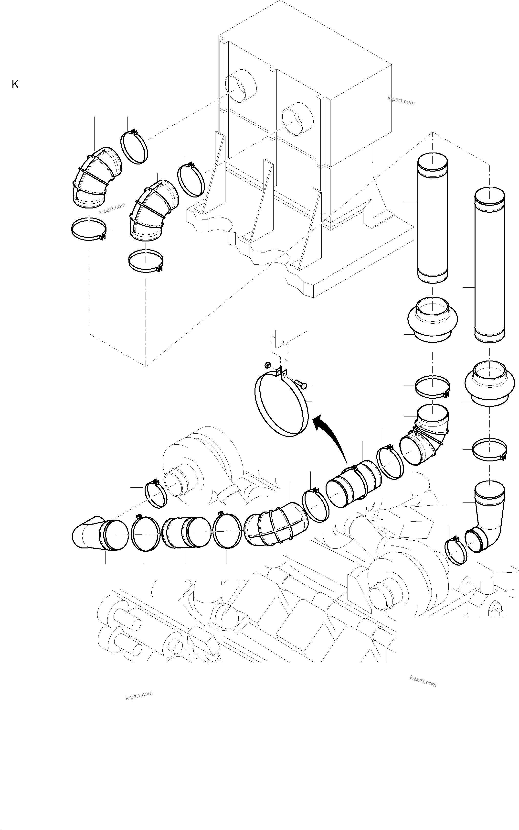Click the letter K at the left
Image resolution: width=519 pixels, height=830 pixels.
click(15, 85)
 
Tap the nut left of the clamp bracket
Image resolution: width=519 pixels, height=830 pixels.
click(267, 364)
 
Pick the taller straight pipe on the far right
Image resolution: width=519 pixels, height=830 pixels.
click(490, 264)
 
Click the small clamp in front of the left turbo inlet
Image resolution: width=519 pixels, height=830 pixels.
click(156, 494)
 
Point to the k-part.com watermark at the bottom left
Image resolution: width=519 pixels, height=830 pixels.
click(139, 695)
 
